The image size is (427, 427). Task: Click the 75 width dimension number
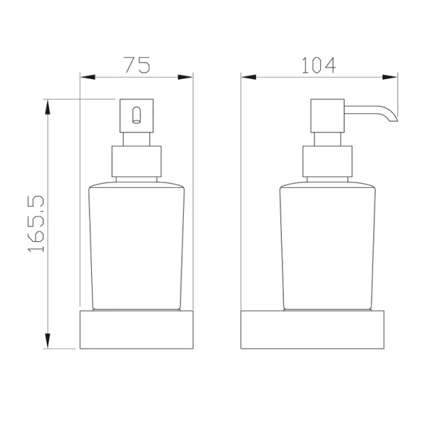pyautogui.click(x=137, y=65)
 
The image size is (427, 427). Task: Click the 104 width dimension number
pyautogui.click(x=318, y=65)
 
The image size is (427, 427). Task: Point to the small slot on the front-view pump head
pyautogui.click(x=137, y=113)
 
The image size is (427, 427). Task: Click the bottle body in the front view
pyautogui.click(x=137, y=246)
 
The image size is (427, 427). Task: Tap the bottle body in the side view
pyautogui.click(x=328, y=246)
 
